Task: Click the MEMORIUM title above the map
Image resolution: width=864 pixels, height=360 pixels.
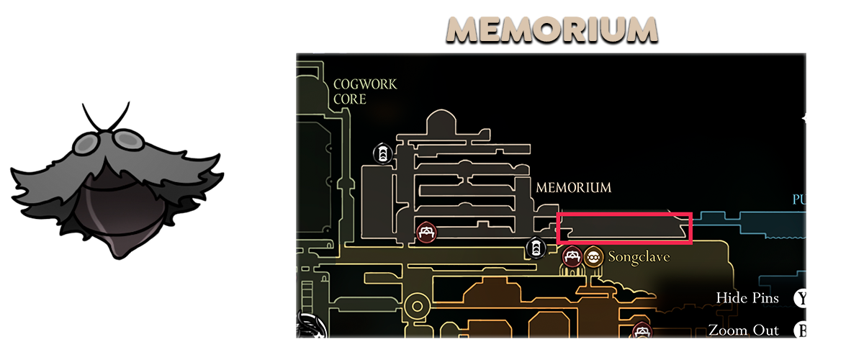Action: (x=552, y=30)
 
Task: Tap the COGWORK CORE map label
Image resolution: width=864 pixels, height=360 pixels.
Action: (x=365, y=91)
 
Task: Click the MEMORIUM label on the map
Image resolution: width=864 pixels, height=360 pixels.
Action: (x=573, y=187)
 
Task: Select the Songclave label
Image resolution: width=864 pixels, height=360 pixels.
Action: (x=639, y=257)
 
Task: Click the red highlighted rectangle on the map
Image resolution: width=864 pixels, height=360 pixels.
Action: (x=625, y=228)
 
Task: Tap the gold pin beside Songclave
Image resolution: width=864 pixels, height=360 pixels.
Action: (x=593, y=256)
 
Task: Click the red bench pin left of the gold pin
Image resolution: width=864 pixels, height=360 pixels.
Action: (x=572, y=256)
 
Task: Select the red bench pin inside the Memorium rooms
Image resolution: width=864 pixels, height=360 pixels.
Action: (x=426, y=232)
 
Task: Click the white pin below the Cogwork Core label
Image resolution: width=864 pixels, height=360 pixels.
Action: (x=382, y=153)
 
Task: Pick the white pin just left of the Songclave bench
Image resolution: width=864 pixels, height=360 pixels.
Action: (x=535, y=248)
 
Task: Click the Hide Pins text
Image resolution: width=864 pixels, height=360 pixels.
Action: (x=747, y=298)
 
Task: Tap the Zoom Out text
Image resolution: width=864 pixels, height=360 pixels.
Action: (x=744, y=330)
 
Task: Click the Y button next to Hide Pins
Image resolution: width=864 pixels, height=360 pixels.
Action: (x=799, y=298)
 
